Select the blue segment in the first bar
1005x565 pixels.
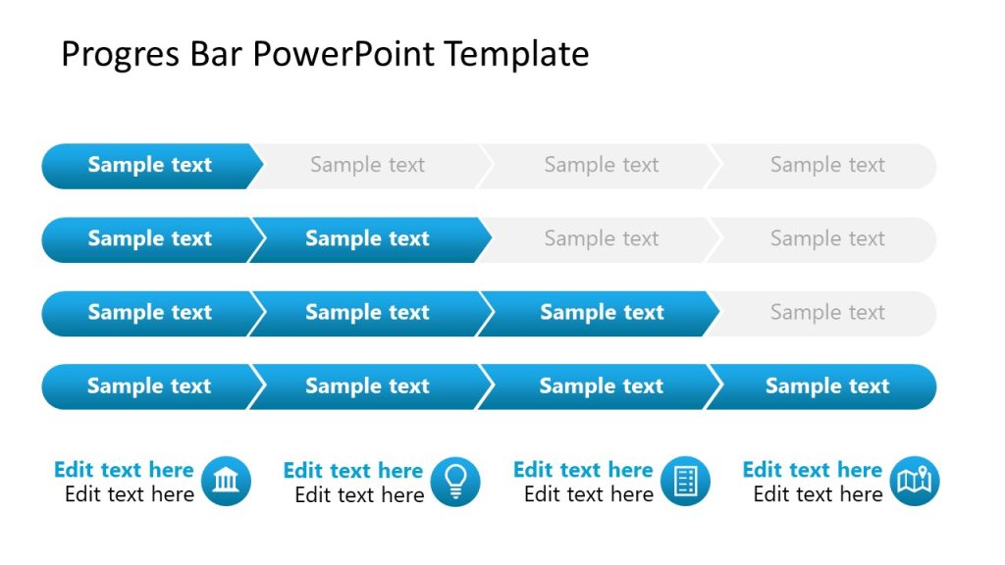coord(149,166)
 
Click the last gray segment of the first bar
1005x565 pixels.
coord(826,166)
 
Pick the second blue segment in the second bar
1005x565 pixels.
coord(367,239)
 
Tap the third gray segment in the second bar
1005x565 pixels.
coord(601,239)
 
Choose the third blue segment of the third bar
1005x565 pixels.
coord(601,313)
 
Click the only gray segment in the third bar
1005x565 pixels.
coord(826,313)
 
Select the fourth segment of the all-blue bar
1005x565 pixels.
coord(826,386)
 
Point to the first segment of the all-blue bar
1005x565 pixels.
coord(149,386)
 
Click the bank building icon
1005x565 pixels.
coord(227,482)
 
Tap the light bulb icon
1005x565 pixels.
coord(456,482)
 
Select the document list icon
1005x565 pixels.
coord(685,482)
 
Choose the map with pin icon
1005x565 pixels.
coord(915,482)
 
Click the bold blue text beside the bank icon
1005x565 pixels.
coord(124,470)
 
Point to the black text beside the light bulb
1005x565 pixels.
coord(359,494)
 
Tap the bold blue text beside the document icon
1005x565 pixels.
coord(583,470)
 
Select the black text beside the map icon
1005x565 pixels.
coord(818,494)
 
